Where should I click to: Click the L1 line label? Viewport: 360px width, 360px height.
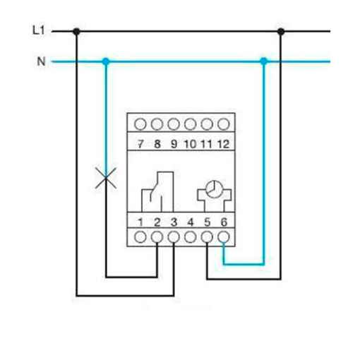[38, 30]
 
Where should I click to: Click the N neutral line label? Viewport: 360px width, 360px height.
[41, 61]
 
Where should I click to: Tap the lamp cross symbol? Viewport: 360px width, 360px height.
[106, 178]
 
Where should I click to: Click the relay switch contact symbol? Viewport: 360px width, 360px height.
[157, 192]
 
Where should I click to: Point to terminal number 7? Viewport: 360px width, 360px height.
[140, 144]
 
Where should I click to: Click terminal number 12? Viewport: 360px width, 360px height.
[223, 144]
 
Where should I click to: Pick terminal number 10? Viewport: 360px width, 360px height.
[190, 144]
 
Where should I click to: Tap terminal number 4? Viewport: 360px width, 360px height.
[191, 222]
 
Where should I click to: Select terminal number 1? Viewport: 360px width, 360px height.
[140, 222]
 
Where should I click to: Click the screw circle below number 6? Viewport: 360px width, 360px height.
[224, 237]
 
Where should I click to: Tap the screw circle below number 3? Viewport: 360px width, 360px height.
[174, 237]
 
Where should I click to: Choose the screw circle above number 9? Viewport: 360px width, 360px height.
[174, 124]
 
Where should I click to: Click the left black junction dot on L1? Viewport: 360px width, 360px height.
[76, 31]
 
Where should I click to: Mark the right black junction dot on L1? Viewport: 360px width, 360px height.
[281, 31]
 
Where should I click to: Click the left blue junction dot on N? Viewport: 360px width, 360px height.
[106, 61]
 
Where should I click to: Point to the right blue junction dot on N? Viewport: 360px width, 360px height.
[264, 61]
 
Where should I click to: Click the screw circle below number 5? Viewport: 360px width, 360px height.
[207, 237]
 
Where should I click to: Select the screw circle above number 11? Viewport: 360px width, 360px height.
[207, 124]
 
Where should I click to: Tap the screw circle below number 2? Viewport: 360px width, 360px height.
[157, 237]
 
